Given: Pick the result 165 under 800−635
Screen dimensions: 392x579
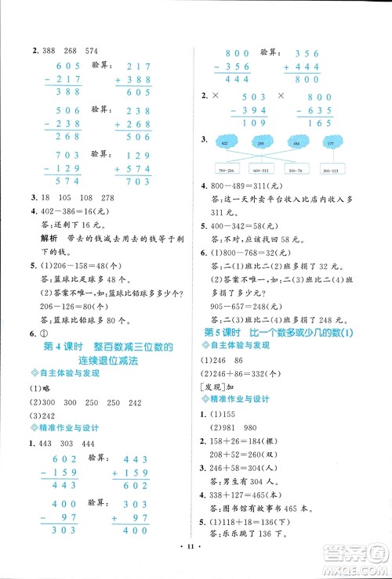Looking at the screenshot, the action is click(328, 124).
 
